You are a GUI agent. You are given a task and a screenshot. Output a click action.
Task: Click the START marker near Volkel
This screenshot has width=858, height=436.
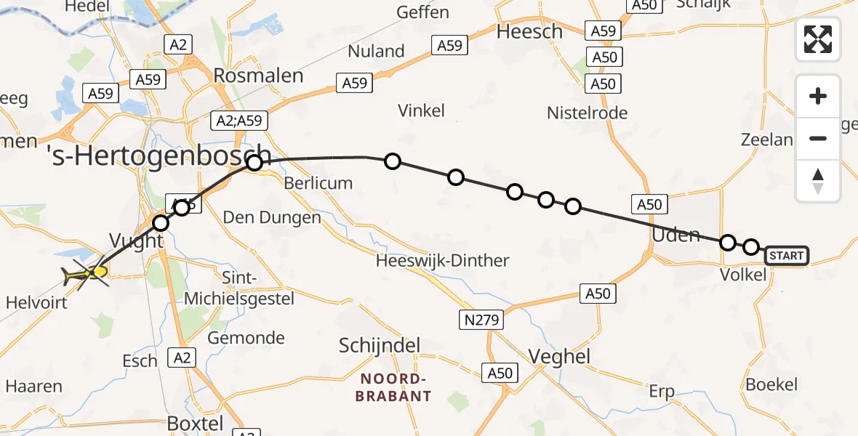pos(786,255)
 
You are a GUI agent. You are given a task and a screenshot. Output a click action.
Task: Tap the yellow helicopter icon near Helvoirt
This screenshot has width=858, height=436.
pos(86,274)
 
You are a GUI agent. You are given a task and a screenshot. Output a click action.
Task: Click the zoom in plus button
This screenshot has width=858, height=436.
pos(818,96)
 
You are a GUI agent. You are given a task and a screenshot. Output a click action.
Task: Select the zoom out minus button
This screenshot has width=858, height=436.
pos(818,138)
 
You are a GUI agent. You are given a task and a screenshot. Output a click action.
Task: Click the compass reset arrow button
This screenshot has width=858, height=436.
pos(818,181)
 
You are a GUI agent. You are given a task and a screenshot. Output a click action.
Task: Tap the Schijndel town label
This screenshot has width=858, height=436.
pos(380,345)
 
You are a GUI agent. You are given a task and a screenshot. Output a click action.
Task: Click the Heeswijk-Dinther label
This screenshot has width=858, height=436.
pos(443,260)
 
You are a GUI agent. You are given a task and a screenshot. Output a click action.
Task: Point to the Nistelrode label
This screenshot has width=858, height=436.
pos(587,113)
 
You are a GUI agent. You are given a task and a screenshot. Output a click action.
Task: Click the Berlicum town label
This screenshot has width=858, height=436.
pos(318,182)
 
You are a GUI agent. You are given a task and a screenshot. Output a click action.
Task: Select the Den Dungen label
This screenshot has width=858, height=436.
pos(271,217)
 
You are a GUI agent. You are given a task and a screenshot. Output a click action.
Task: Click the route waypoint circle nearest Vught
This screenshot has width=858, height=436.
pos(161,222)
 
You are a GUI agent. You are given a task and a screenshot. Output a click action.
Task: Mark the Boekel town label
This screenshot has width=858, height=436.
pos(771,384)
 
